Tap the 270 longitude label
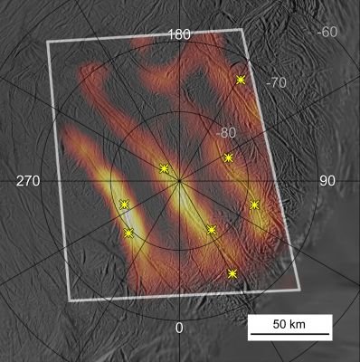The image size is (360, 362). coord(29,181)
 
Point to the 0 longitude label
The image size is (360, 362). coord(179,327)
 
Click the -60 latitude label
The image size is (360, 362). coord(327,33)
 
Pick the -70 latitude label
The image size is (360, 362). coord(276,81)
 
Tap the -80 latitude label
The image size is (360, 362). coord(228,133)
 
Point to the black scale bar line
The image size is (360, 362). coord(284,337)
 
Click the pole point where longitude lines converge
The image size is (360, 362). coord(179,181)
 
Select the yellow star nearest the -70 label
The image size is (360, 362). coord(241,80)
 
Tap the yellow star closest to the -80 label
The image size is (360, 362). coord(229,157)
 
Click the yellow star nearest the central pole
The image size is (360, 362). coord(164,167)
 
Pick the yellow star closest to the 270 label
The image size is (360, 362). coord(124,204)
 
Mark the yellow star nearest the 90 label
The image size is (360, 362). coord(255,205)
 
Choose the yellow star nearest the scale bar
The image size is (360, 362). coord(233,273)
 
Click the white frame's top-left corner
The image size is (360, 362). coord(47,42)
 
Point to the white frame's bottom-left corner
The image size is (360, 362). coord(70,300)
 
